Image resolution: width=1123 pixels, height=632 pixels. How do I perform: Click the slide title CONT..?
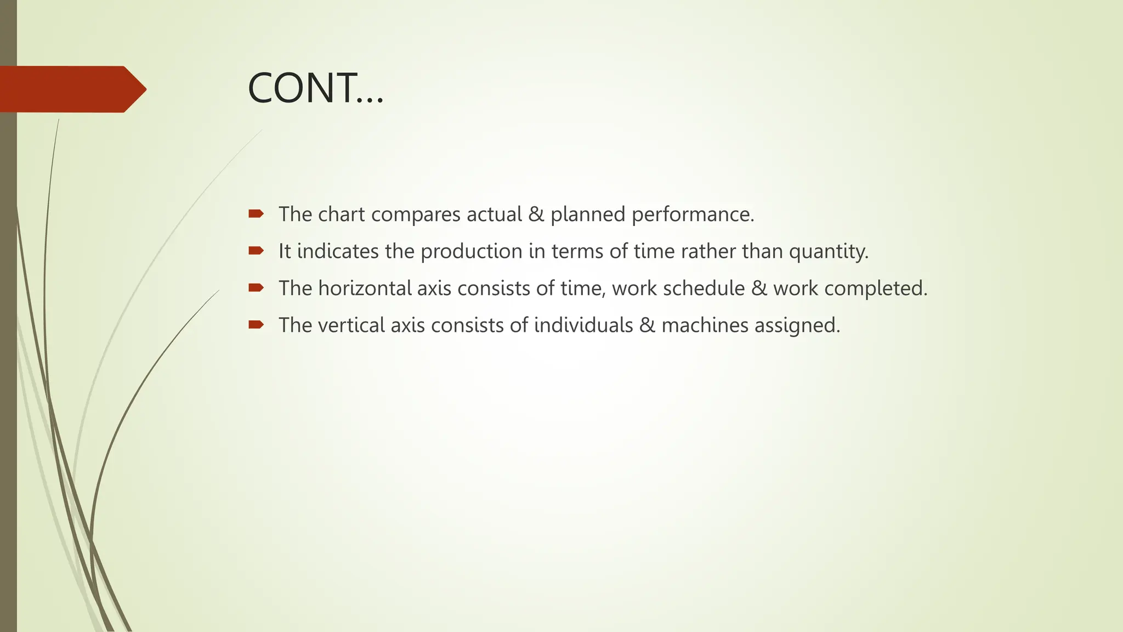coord(315,89)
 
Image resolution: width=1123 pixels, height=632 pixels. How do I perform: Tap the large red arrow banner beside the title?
coord(71,89)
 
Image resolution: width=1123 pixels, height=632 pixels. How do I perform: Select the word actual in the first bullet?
coord(494,215)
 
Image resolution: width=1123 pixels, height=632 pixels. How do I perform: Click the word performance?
coord(693,215)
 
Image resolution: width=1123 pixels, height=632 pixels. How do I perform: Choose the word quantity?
coord(829,251)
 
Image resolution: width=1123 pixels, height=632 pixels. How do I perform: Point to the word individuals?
coord(583,325)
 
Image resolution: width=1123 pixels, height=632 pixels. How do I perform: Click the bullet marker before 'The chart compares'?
coord(256,214)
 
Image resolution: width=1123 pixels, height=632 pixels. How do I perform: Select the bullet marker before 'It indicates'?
coord(256,251)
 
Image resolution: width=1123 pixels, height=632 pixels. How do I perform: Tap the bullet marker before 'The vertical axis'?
coord(256,325)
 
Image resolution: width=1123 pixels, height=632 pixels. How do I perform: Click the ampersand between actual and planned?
coord(536,215)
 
